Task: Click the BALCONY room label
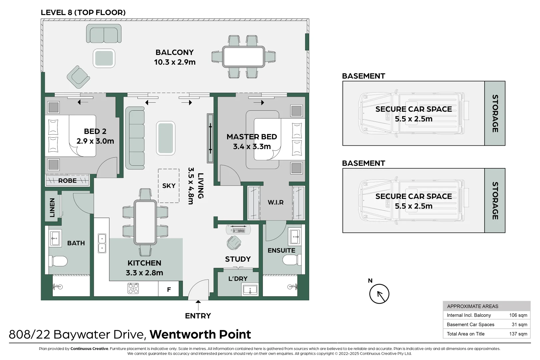[x=174, y=53]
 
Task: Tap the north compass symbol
[x=379, y=294]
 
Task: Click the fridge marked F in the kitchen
[x=169, y=289]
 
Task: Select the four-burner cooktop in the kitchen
[x=133, y=288]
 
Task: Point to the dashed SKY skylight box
[x=169, y=186]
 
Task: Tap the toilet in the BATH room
[x=59, y=261]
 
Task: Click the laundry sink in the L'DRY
[x=250, y=290]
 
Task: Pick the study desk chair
[x=234, y=243]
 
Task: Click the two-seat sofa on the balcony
[x=104, y=33]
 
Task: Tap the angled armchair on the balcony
[x=78, y=77]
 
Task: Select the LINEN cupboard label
[x=52, y=208]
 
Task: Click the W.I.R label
[x=276, y=202]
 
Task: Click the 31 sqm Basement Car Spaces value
[x=519, y=324]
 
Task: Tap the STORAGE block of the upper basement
[x=495, y=113]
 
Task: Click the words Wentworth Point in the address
[x=200, y=334]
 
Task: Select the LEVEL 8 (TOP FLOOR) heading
[x=83, y=13]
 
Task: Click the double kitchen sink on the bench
[x=102, y=243]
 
